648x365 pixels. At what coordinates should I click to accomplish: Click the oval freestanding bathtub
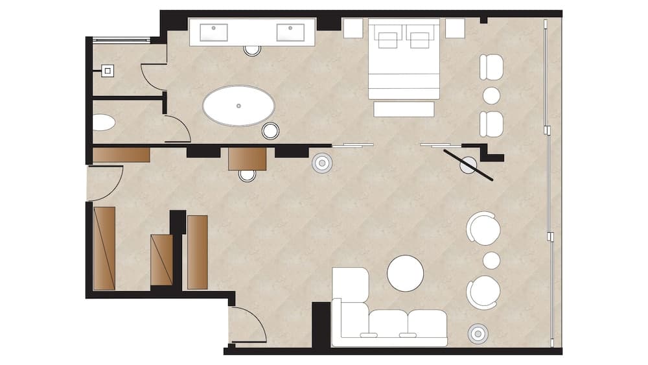[238, 106]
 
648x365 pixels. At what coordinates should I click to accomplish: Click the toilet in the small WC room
[103, 122]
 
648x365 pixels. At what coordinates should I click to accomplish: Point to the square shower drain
[108, 71]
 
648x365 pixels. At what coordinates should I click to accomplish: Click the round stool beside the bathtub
[271, 131]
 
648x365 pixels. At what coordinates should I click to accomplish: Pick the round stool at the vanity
[252, 50]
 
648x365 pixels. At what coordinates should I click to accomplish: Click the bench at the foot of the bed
[404, 109]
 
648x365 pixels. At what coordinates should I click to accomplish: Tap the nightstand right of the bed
[455, 28]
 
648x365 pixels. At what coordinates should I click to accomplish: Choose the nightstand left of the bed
[353, 28]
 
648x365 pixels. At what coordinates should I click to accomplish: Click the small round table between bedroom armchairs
[491, 95]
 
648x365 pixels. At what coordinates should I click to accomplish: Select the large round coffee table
[406, 273]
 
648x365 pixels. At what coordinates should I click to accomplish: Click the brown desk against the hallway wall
[248, 159]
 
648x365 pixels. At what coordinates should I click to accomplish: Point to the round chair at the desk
[248, 175]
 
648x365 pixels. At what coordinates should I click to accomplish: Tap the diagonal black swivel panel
[469, 165]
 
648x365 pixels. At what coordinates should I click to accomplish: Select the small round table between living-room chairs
[491, 260]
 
